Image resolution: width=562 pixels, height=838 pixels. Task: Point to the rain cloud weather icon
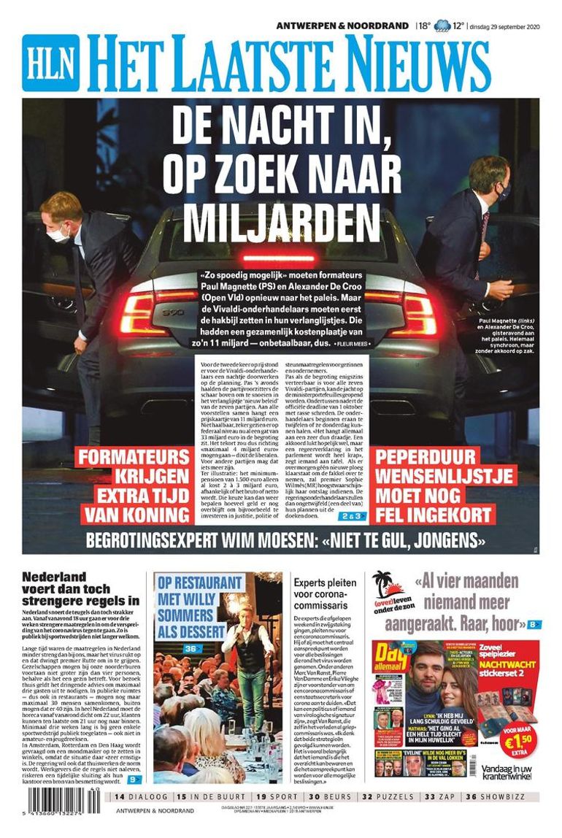(x=442, y=26)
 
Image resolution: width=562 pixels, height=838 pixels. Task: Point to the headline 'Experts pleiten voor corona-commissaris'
(x=325, y=593)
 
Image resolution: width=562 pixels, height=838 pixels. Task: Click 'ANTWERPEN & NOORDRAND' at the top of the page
(x=342, y=26)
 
